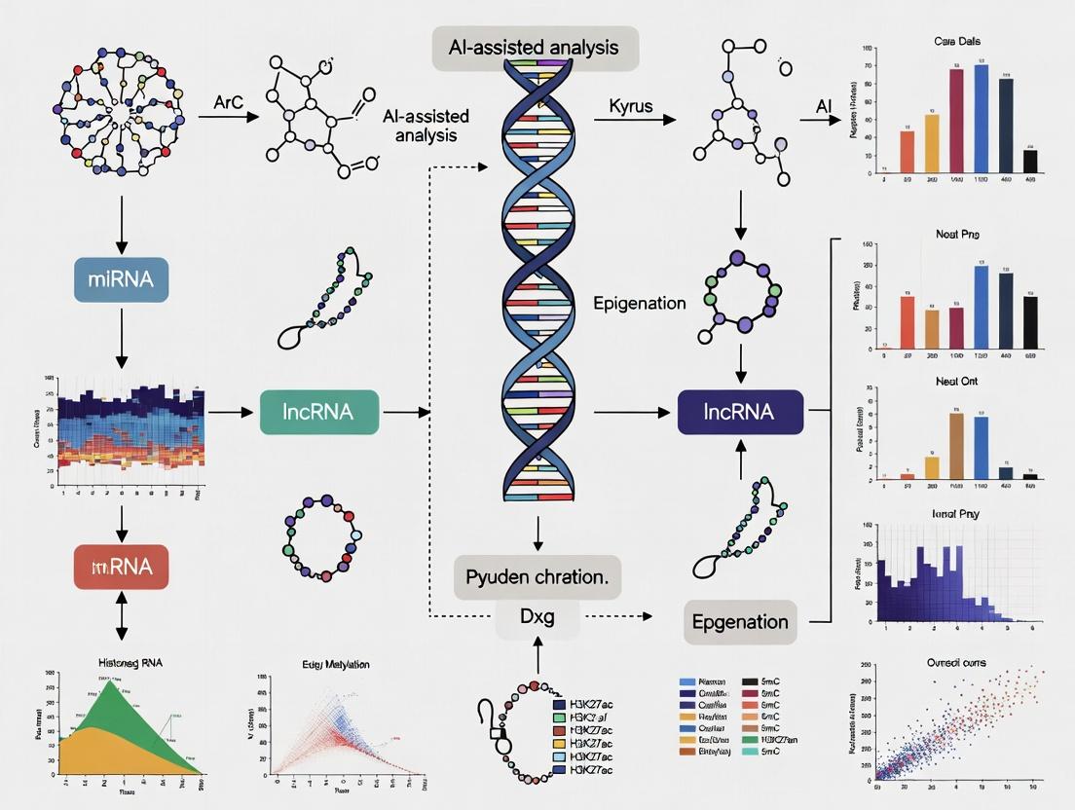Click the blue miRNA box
[x=121, y=280]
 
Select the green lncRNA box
[x=319, y=412]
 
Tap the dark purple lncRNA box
[x=741, y=412]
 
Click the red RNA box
[x=121, y=566]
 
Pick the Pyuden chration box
[x=537, y=575]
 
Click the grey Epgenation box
[x=740, y=622]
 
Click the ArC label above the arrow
[x=227, y=101]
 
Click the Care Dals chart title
[x=958, y=43]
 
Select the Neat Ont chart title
[x=956, y=382]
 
